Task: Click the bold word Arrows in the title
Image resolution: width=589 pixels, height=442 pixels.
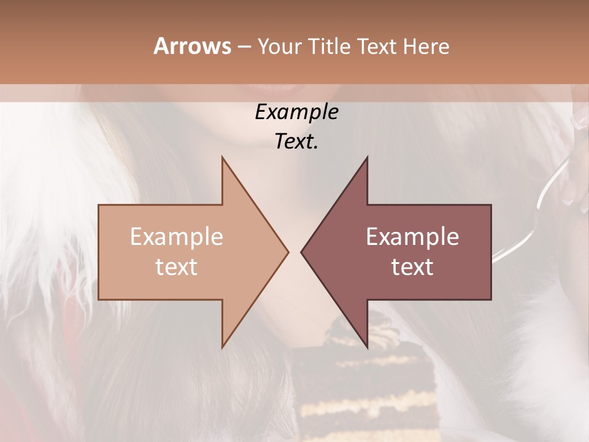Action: [x=192, y=46]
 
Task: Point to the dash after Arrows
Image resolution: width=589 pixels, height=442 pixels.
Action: [x=244, y=47]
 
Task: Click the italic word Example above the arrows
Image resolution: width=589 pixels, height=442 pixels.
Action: [x=296, y=112]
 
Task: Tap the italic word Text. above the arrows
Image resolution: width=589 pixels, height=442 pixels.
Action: [x=296, y=141]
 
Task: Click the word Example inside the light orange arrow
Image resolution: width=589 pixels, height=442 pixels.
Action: [x=177, y=237]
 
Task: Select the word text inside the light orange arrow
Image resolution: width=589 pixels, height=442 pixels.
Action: [x=177, y=267]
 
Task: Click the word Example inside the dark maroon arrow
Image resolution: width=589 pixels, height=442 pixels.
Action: [x=412, y=237]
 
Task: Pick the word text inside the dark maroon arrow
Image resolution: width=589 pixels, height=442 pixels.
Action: [x=412, y=267]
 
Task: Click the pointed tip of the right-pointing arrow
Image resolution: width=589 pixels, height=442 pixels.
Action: [x=288, y=252]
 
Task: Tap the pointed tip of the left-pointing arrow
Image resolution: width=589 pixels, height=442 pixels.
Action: [x=302, y=252]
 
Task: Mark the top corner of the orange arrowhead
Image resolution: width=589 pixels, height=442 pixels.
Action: [x=223, y=158]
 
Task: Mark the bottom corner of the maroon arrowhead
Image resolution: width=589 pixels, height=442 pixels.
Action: [x=367, y=347]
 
